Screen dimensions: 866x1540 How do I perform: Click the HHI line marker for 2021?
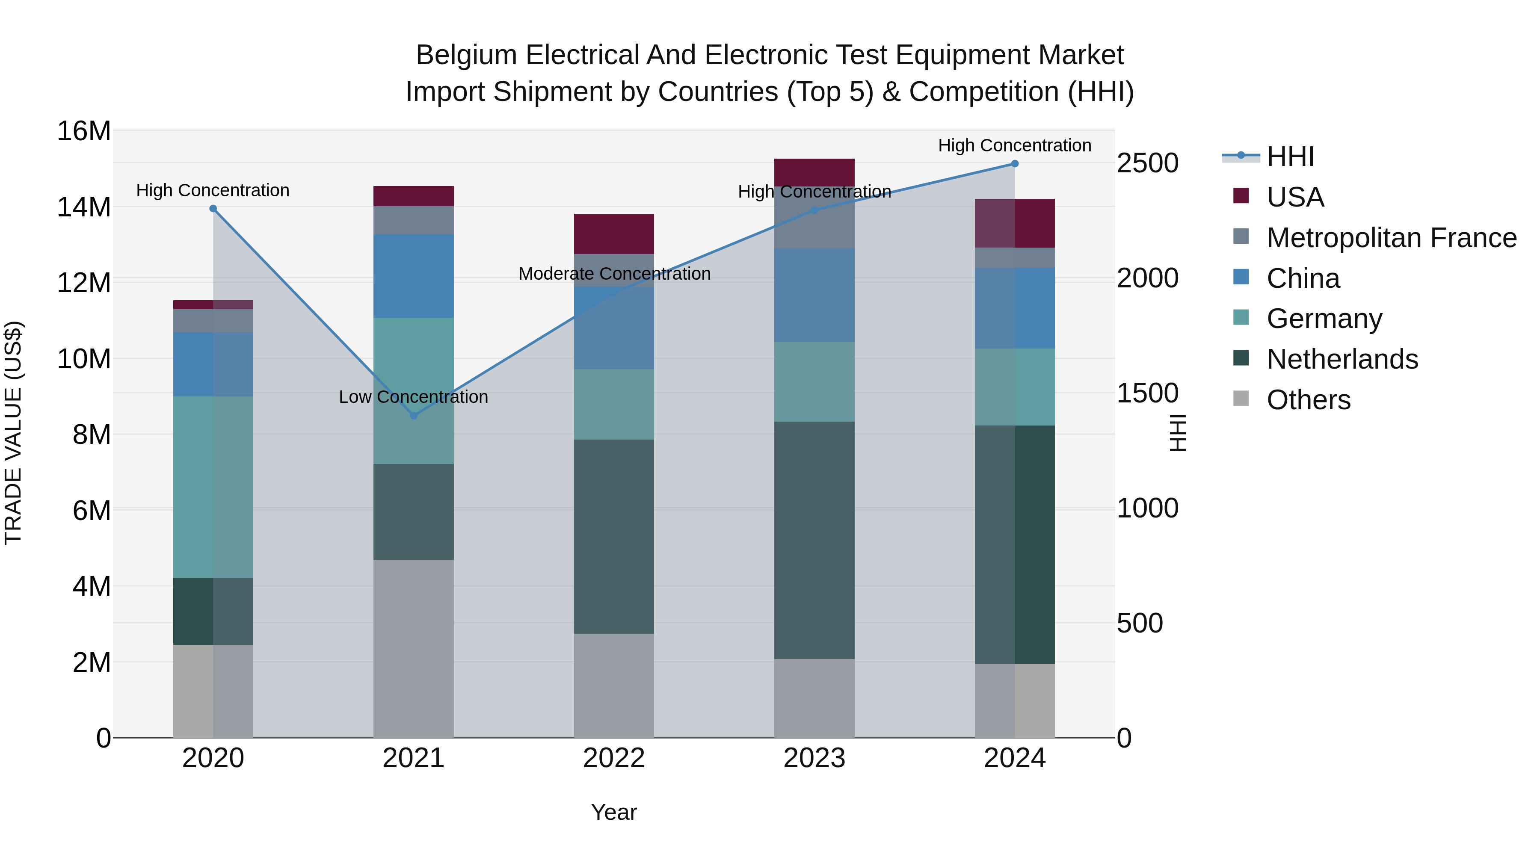click(x=413, y=415)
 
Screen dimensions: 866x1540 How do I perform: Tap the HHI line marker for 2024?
click(x=1015, y=164)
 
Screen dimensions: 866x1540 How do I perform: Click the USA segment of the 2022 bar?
click(x=614, y=233)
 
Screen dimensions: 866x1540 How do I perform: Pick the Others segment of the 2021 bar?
click(x=413, y=648)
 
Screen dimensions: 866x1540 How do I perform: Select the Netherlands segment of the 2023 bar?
click(x=814, y=540)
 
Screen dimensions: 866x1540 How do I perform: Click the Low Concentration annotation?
click(x=413, y=397)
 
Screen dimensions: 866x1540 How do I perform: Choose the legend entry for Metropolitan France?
click(x=1391, y=238)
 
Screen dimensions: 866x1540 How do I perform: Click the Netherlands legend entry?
click(x=1342, y=359)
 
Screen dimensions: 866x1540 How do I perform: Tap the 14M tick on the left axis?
click(x=84, y=207)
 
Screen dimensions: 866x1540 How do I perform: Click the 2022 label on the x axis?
click(x=614, y=758)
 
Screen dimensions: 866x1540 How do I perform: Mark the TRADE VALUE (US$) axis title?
click(x=13, y=433)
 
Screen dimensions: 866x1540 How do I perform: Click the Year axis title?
click(x=614, y=812)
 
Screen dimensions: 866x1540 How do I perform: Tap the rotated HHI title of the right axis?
click(x=1177, y=433)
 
